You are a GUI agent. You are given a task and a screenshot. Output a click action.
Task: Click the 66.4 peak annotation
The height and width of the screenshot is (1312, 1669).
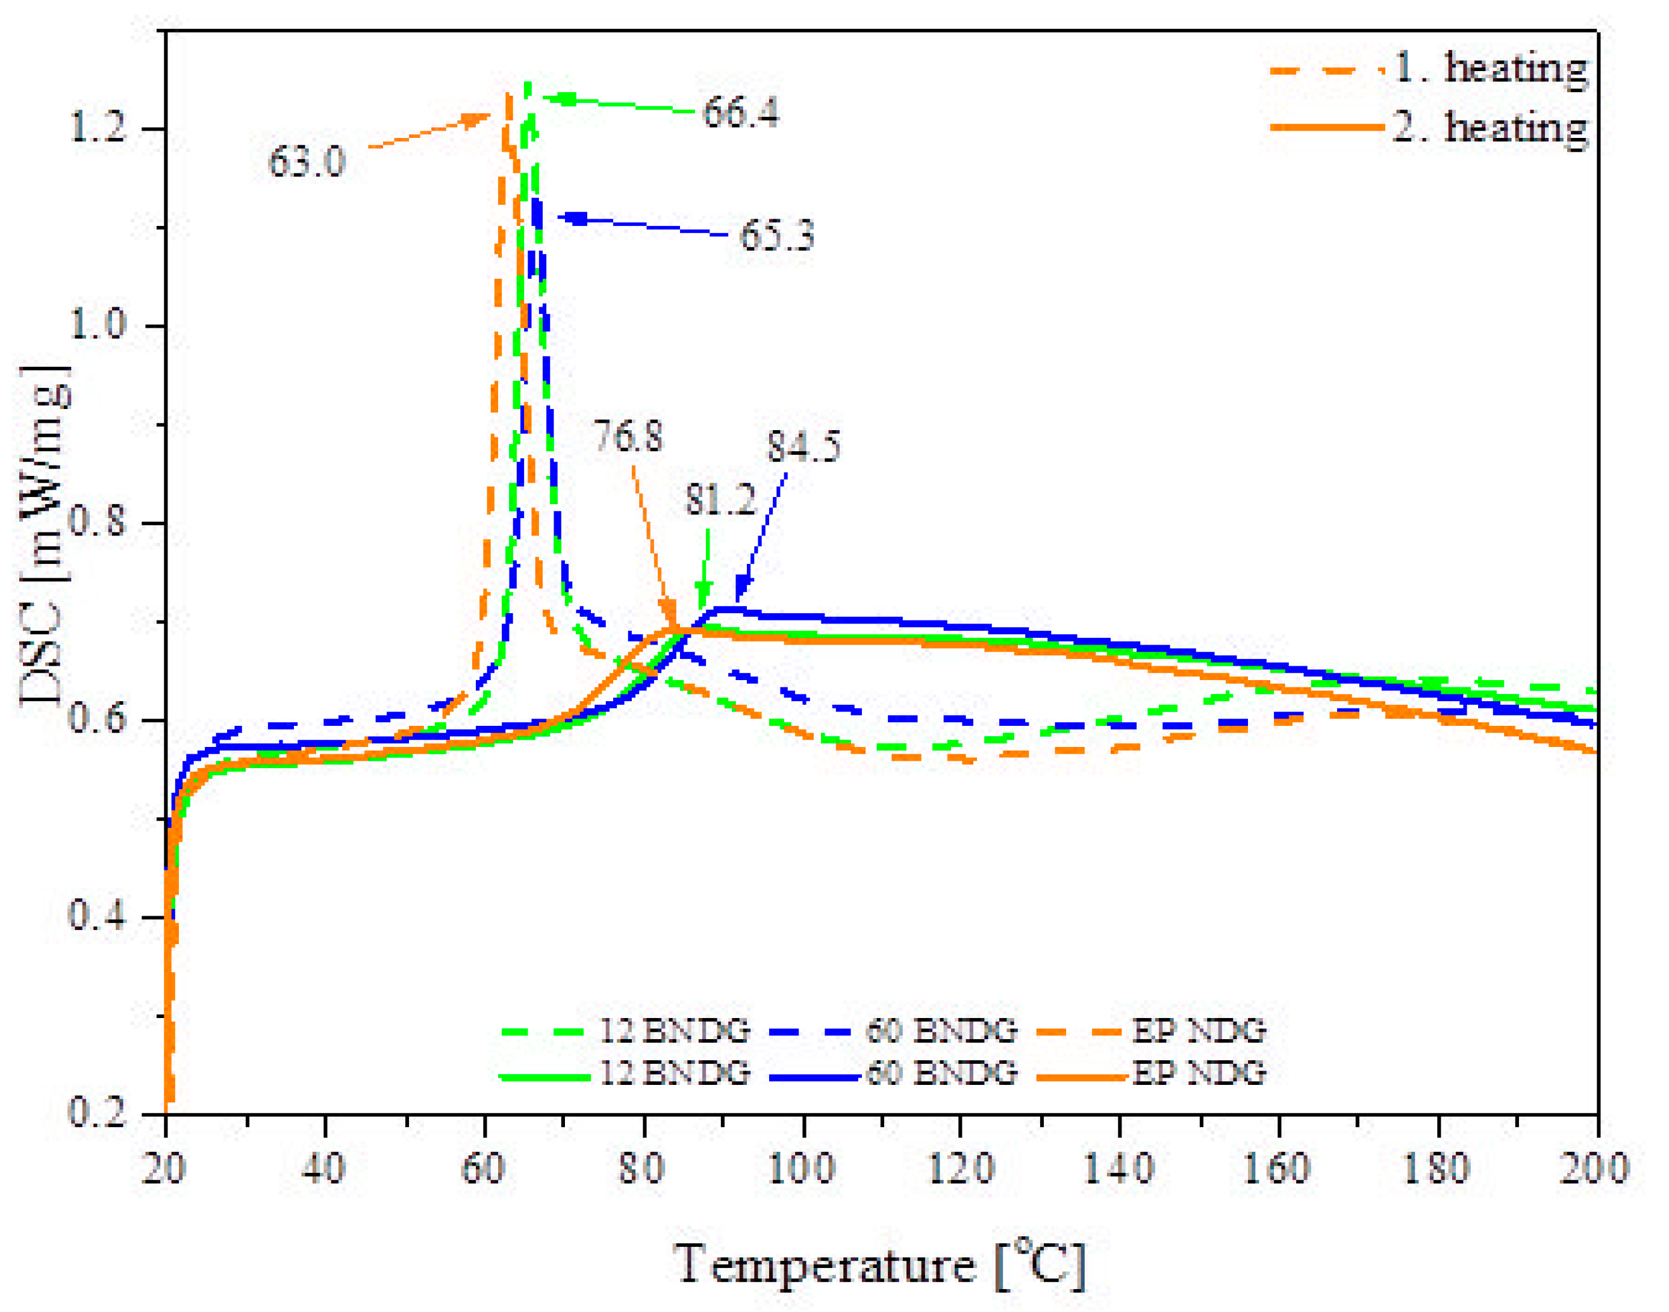(740, 113)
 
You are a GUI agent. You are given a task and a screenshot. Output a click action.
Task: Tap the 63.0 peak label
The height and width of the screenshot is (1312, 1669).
(307, 162)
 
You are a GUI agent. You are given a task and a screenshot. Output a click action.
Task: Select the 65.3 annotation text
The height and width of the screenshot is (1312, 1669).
(776, 235)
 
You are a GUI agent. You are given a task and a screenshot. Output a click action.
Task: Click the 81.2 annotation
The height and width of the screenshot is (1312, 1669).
(720, 500)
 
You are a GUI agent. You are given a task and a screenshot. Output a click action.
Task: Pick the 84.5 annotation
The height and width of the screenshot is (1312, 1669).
(803, 446)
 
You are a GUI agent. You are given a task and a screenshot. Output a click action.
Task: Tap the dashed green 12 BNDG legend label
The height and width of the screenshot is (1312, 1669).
(673, 1030)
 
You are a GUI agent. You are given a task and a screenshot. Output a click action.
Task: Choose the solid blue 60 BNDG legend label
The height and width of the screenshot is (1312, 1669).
(941, 1072)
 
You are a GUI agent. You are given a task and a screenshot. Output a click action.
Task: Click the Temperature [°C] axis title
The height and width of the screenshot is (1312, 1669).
(880, 1264)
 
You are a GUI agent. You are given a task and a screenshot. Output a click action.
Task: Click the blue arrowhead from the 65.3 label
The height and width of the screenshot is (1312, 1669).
(572, 219)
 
